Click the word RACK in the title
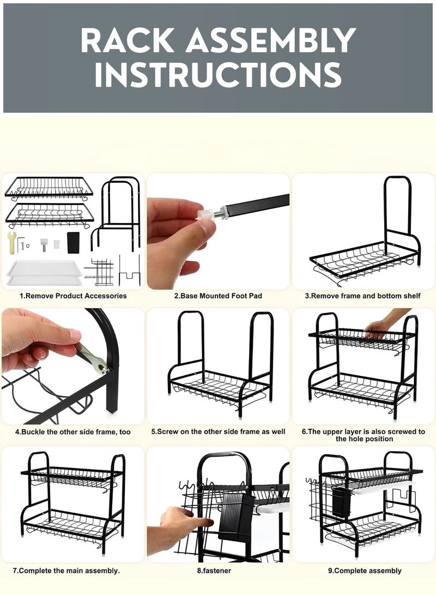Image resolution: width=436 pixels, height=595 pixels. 128,40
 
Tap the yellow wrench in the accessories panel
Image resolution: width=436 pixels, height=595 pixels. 12,242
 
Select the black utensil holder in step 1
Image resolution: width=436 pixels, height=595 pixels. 73,243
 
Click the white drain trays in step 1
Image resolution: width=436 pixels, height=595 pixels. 44,273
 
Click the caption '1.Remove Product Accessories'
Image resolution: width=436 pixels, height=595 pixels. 73,296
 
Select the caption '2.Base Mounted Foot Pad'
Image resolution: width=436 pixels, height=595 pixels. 218,296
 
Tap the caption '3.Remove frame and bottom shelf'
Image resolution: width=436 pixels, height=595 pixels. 363,296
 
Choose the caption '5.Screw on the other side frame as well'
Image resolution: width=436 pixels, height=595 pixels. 218,432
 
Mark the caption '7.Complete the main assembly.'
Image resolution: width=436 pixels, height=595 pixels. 66,570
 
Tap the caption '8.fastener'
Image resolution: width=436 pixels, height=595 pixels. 214,570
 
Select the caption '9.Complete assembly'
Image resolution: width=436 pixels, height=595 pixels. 365,570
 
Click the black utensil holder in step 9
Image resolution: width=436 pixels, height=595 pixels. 341,502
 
